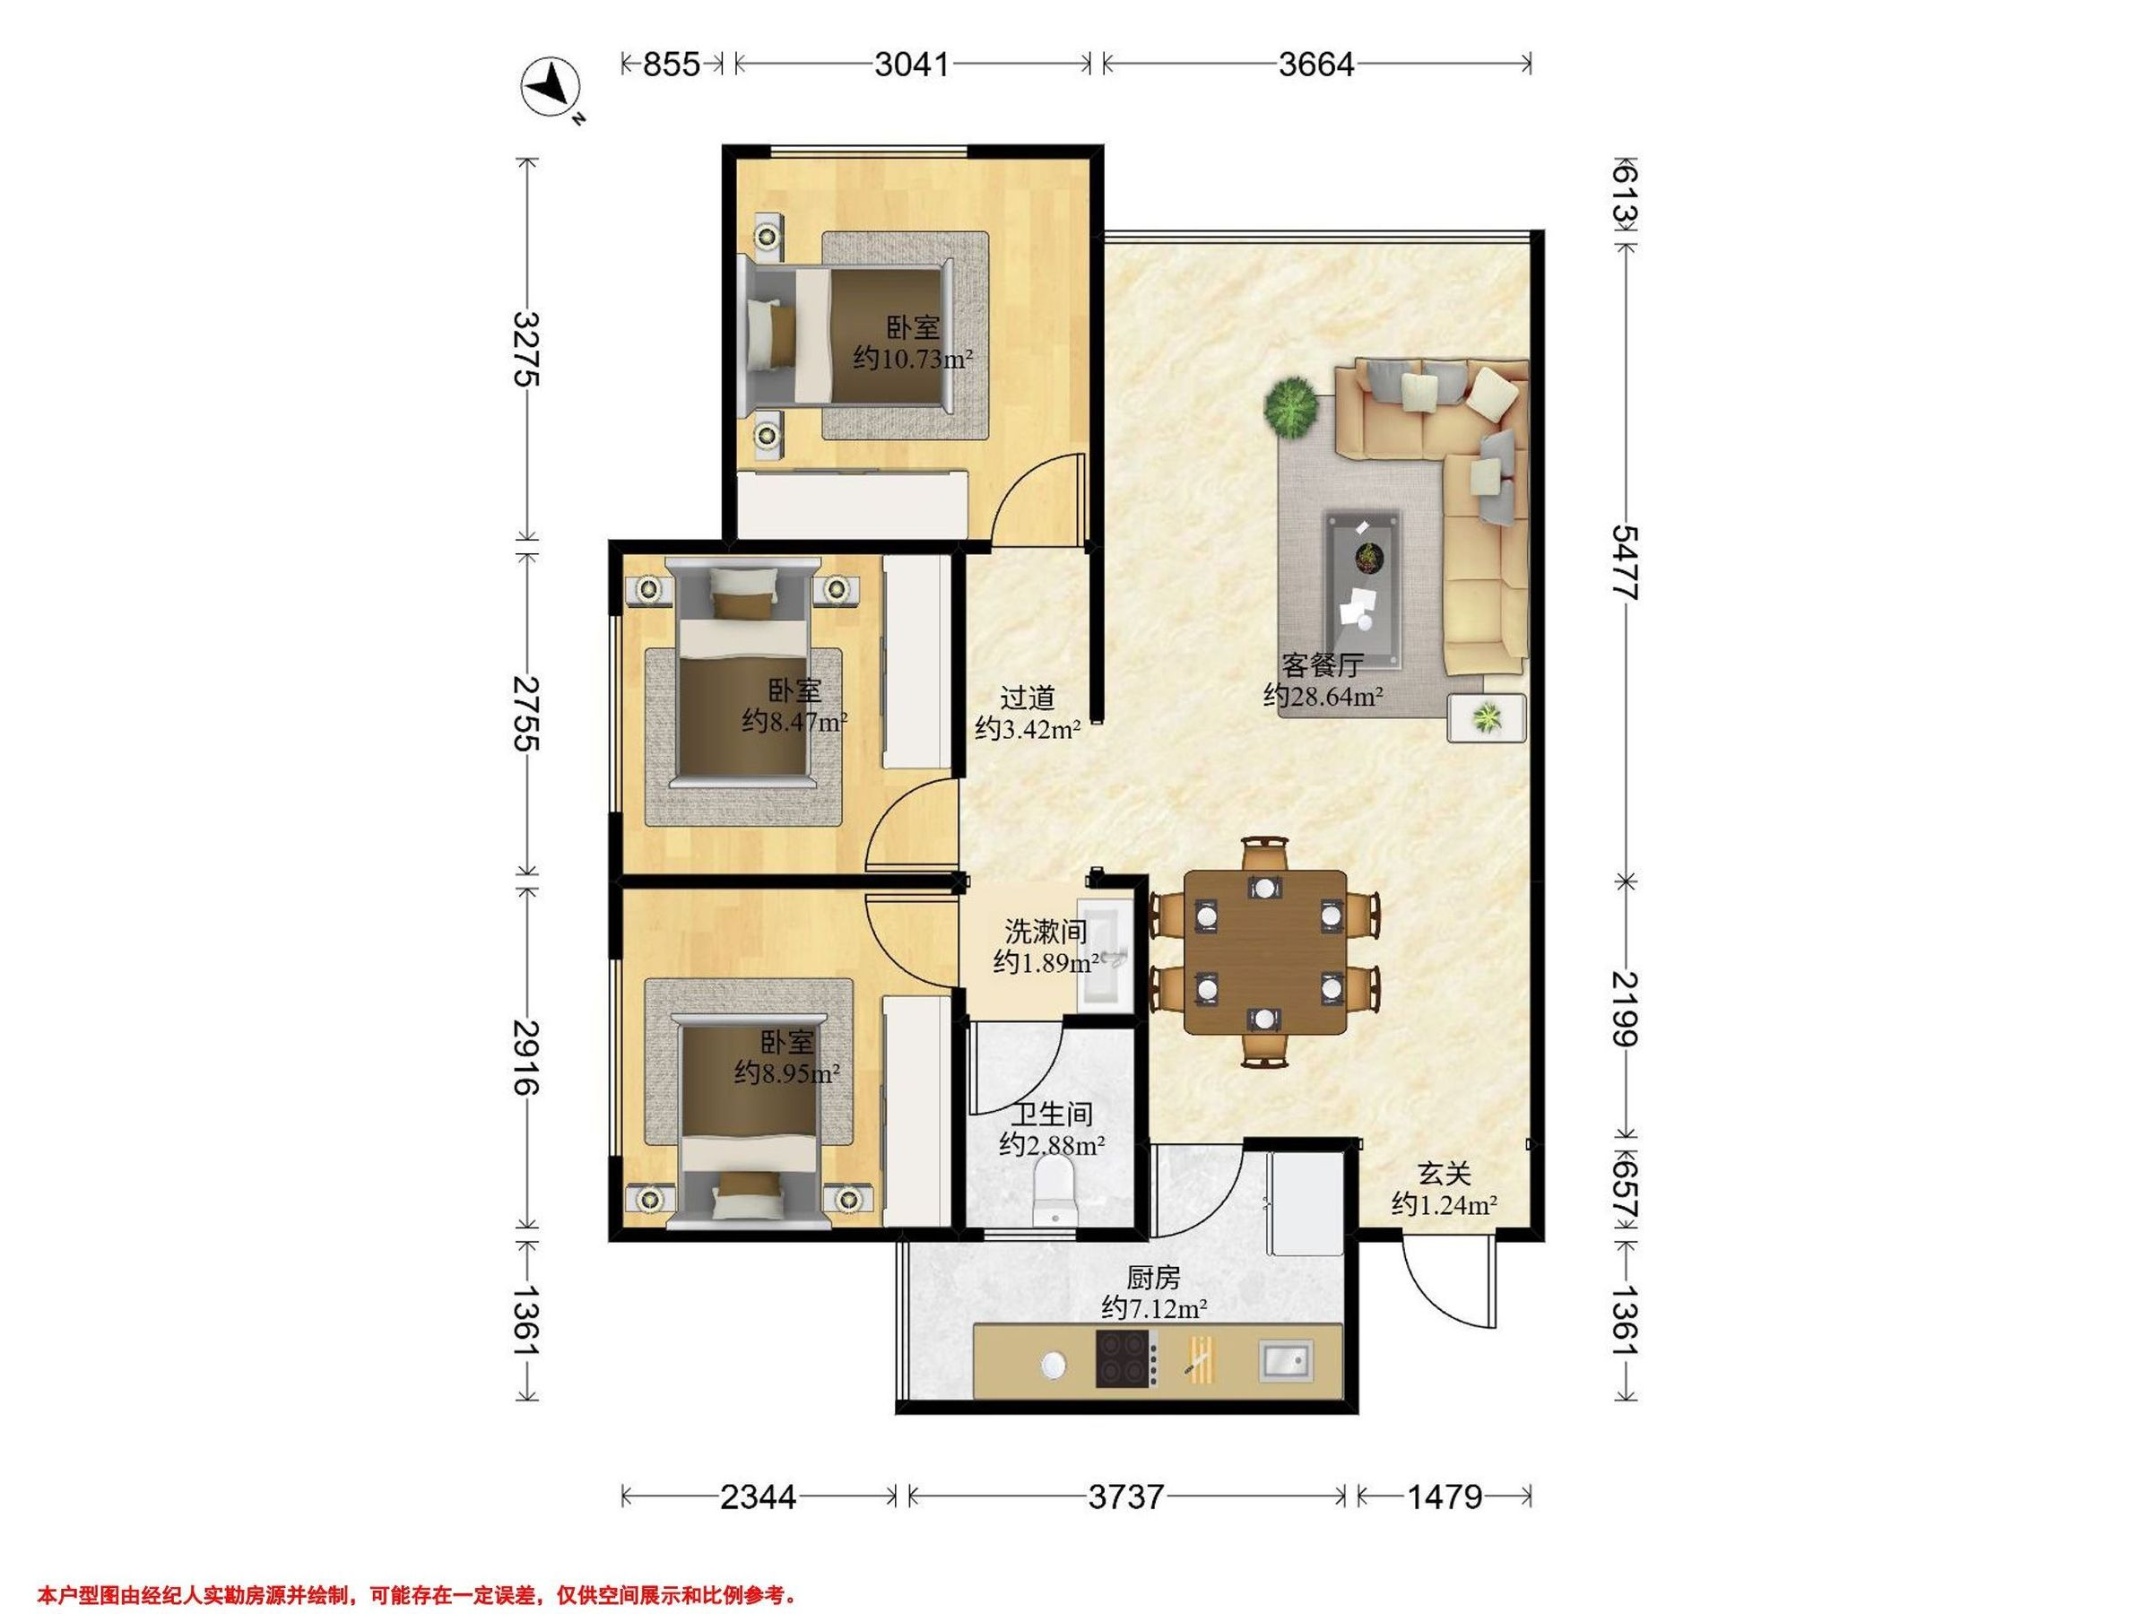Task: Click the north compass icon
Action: (x=551, y=89)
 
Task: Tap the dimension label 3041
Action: (x=912, y=65)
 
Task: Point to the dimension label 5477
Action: (x=1625, y=562)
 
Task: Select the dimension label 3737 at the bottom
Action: (x=1125, y=1497)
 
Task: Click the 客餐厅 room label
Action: (x=1323, y=665)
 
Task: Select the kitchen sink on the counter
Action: (x=1285, y=1359)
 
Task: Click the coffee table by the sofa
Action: (x=1362, y=591)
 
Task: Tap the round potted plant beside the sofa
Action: (x=1291, y=407)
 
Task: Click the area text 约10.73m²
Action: (x=914, y=359)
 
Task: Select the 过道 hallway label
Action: (x=1028, y=698)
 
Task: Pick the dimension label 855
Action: (x=672, y=65)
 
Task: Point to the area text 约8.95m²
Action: (x=787, y=1073)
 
